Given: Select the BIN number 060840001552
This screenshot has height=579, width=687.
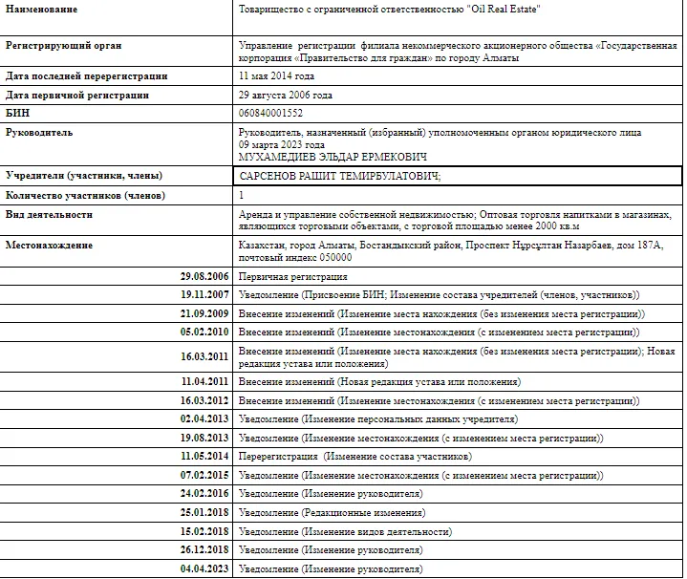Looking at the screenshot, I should (271, 114).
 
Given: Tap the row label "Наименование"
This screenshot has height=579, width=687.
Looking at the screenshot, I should (42, 9).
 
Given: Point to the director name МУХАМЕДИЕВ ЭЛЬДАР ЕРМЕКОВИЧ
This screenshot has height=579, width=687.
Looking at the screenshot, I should (333, 157).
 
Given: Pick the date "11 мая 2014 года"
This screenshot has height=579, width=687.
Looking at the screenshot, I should (276, 75).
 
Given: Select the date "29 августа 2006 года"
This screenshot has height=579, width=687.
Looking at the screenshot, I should (286, 96).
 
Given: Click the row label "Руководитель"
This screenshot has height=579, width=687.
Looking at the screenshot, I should (40, 133).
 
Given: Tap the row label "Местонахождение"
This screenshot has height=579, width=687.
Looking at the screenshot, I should (50, 246).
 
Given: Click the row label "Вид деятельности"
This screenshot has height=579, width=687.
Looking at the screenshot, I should (50, 215).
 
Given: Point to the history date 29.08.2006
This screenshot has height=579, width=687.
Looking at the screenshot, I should (205, 276).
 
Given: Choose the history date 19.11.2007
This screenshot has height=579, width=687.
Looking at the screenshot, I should (205, 295).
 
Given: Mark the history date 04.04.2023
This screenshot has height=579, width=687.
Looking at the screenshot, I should (205, 569).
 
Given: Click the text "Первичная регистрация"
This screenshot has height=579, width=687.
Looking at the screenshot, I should (293, 276).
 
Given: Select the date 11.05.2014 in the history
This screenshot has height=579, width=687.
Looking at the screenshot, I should (205, 456).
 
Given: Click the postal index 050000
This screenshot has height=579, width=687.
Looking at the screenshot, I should (333, 258).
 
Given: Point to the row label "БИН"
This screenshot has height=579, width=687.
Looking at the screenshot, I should (19, 114).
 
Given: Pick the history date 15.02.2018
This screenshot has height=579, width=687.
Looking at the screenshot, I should (205, 531).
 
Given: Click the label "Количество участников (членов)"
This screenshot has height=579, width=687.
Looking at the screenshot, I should (85, 196).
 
